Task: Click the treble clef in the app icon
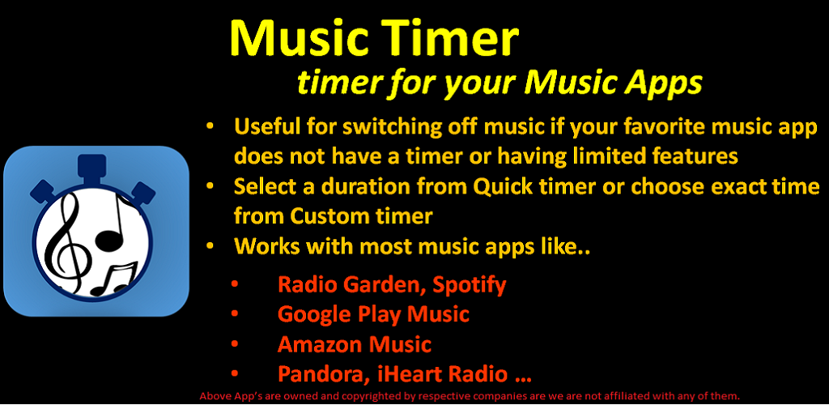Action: coord(64,240)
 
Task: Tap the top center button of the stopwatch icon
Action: coord(92,167)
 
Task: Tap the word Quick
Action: coord(504,188)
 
